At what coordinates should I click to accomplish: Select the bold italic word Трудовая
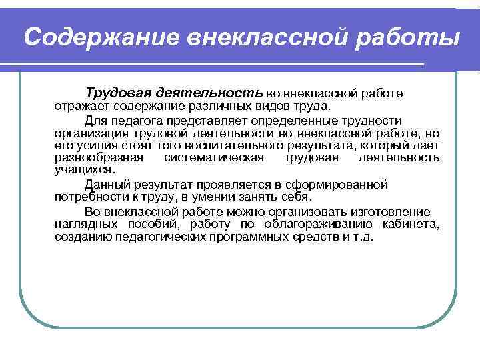(x=117, y=90)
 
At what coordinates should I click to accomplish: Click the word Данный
(x=105, y=185)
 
